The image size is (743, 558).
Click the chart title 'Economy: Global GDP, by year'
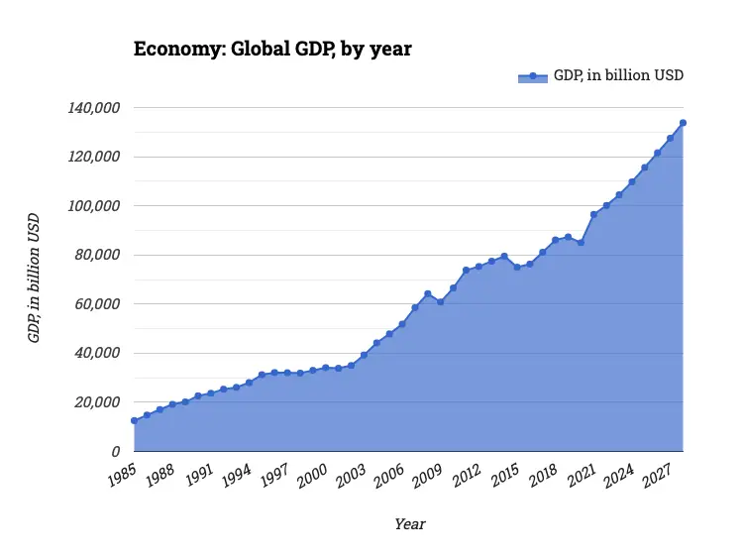coord(272,49)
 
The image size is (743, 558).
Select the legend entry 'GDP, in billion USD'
coord(602,76)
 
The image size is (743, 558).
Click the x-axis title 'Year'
coord(409,523)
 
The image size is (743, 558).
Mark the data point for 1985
coord(134,421)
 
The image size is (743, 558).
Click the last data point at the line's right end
coord(683,123)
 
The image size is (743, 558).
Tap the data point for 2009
coord(440,301)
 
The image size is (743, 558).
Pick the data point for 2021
coord(593,214)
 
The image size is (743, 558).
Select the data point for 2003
coord(364,355)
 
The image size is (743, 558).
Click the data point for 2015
coord(516,268)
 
